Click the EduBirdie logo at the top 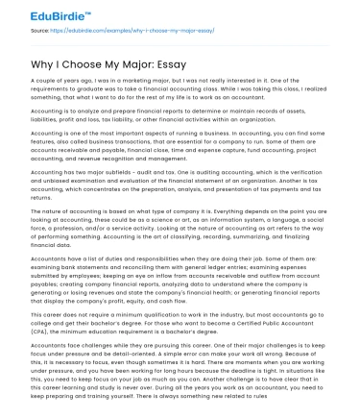coord(43,13)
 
